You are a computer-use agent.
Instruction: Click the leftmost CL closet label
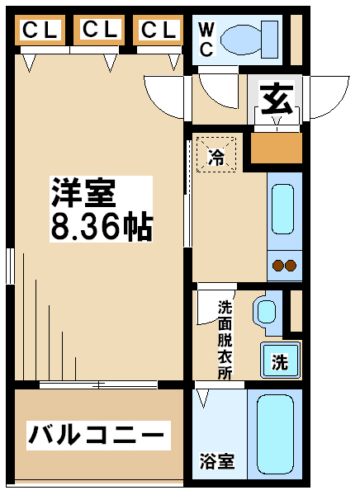pos(40,31)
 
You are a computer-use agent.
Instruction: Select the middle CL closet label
pos(100,30)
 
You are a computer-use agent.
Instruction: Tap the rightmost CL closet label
pos(159,31)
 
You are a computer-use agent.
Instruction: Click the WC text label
pos(206,39)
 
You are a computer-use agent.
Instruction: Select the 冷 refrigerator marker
pos(216,154)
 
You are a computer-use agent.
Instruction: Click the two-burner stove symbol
pos(283,265)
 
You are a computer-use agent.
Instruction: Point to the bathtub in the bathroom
pos(276,436)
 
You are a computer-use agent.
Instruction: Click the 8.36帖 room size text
pos(101,226)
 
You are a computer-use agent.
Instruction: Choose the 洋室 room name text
pos(83,194)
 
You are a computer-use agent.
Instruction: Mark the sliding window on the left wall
pos(9,266)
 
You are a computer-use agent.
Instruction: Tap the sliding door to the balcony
pos(99,384)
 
